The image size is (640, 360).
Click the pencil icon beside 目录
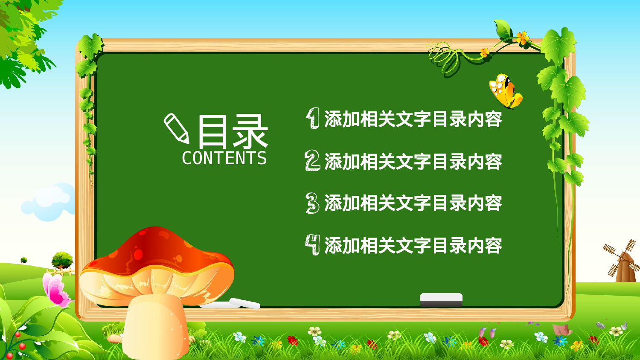[x=176, y=128]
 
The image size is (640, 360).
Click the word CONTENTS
[x=224, y=158]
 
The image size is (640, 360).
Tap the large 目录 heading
[x=233, y=131]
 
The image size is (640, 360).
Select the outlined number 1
[x=313, y=118]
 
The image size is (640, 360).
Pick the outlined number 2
[x=312, y=161]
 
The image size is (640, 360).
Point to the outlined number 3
[x=312, y=203]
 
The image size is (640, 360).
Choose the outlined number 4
[x=312, y=245]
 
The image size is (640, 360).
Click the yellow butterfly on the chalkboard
[x=506, y=91]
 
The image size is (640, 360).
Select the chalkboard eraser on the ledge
[x=441, y=299]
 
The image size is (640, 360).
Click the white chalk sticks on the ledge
[x=239, y=303]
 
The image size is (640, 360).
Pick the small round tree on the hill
[x=62, y=259]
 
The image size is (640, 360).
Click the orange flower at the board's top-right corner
[x=522, y=38]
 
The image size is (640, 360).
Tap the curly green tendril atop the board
[x=444, y=58]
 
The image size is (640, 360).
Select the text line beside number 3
[x=413, y=203]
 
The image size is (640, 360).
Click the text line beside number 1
[x=413, y=119]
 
